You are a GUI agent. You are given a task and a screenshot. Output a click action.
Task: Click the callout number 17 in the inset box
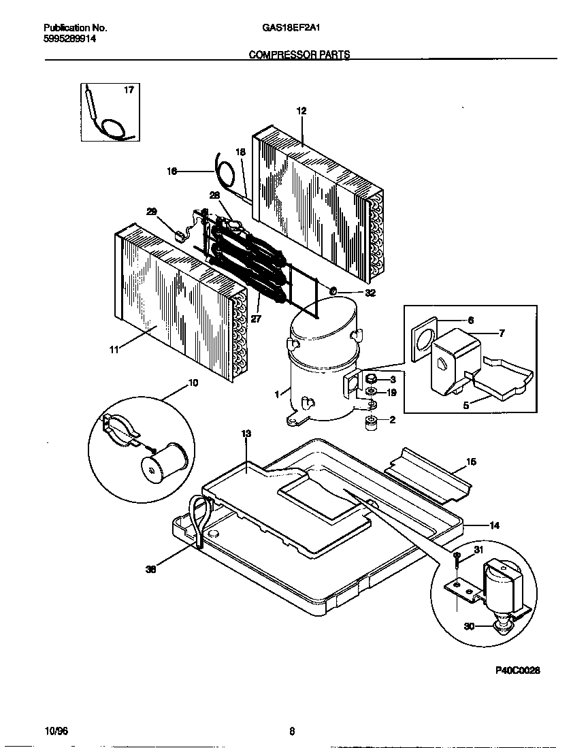pyautogui.click(x=129, y=90)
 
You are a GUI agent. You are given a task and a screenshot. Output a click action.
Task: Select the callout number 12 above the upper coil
pyautogui.click(x=301, y=110)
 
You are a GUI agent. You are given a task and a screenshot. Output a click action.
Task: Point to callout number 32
pyautogui.click(x=370, y=294)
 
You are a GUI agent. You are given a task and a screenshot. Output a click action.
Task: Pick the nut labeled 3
pyautogui.click(x=372, y=379)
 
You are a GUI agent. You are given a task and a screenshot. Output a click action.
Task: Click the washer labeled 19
pyautogui.click(x=372, y=393)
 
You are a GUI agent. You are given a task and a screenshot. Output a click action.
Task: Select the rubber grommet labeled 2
pyautogui.click(x=372, y=422)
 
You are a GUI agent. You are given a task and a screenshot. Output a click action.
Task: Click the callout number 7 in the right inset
pyautogui.click(x=502, y=333)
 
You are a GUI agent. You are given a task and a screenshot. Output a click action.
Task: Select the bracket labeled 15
pyautogui.click(x=429, y=472)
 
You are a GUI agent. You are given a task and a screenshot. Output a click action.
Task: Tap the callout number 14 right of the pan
pyautogui.click(x=494, y=525)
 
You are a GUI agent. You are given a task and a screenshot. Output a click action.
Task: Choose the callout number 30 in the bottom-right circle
pyautogui.click(x=470, y=627)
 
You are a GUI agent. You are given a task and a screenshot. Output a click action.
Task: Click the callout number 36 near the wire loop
pyautogui.click(x=151, y=570)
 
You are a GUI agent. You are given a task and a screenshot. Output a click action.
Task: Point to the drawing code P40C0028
pyautogui.click(x=517, y=670)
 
